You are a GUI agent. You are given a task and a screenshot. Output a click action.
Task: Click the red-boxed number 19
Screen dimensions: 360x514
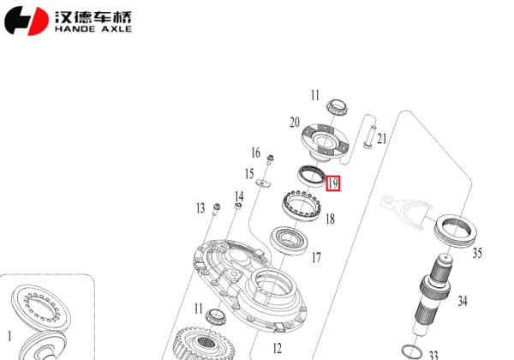pyautogui.click(x=333, y=183)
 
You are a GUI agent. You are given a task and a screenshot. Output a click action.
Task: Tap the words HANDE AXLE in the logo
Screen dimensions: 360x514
pyautogui.click(x=93, y=28)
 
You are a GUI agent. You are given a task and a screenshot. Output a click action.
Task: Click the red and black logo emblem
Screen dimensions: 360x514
pyautogui.click(x=27, y=21)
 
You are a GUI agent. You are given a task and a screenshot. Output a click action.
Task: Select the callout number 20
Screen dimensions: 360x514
pyautogui.click(x=295, y=122)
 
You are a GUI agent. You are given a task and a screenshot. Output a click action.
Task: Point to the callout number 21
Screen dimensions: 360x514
pyautogui.click(x=382, y=139)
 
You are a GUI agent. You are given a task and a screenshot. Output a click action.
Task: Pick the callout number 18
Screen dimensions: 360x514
pyautogui.click(x=329, y=219)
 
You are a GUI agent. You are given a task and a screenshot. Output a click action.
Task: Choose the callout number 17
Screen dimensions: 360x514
pyautogui.click(x=315, y=257)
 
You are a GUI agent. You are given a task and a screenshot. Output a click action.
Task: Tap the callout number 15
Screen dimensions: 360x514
pyautogui.click(x=249, y=174)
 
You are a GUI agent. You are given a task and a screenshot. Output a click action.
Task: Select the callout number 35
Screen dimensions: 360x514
pyautogui.click(x=477, y=253)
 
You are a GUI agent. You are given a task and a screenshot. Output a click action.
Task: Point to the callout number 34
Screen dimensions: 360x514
pyautogui.click(x=463, y=301)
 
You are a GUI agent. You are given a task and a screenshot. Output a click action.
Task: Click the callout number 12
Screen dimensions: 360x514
pyautogui.click(x=277, y=348)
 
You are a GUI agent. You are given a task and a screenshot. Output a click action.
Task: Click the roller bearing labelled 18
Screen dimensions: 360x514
pyautogui.click(x=301, y=206)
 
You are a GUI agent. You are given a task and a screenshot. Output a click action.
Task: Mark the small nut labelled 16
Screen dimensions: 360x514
pyautogui.click(x=271, y=158)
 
